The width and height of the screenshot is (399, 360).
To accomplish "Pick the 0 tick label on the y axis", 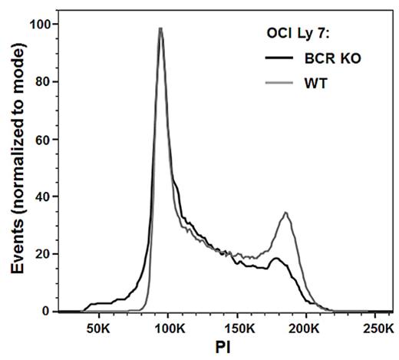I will click(47, 312).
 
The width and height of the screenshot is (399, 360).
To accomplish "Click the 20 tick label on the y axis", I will click(43, 254).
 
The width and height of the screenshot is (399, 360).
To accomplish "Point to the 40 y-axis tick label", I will click(43, 197).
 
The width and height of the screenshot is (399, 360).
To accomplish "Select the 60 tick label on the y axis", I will click(43, 139).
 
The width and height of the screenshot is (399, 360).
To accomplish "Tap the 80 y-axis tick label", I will click(43, 81).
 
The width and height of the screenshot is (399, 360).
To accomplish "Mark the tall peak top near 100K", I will click(160, 28).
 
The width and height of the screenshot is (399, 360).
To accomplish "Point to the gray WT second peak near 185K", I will click(285, 213).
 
